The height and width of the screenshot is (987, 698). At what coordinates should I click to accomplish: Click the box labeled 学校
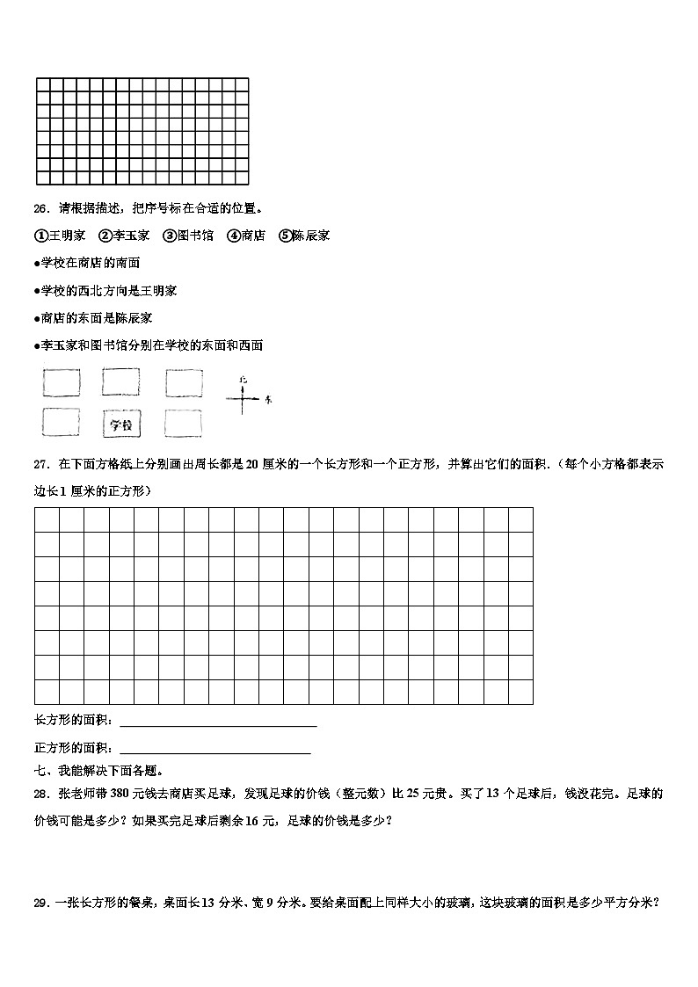pyautogui.click(x=121, y=425)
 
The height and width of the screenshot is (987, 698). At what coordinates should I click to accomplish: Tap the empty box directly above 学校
pyautogui.click(x=121, y=382)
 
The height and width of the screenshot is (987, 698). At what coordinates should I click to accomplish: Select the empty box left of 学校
pyautogui.click(x=61, y=424)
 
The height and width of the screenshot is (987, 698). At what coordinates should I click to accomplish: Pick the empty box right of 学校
pyautogui.click(x=183, y=424)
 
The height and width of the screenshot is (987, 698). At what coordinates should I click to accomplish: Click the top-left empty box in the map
pyautogui.click(x=61, y=382)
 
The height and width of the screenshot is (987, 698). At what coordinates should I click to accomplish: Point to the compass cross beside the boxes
pyautogui.click(x=243, y=400)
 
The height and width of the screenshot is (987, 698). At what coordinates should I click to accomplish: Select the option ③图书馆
pyautogui.click(x=188, y=236)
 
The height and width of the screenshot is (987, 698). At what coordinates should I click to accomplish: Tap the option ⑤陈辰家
pyautogui.click(x=304, y=236)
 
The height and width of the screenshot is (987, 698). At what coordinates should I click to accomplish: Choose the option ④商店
pyautogui.click(x=246, y=236)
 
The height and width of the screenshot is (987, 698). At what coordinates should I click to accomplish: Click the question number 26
pyautogui.click(x=40, y=209)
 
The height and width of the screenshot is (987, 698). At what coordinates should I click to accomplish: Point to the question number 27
pyautogui.click(x=40, y=464)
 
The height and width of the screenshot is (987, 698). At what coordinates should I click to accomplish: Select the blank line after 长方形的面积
pyautogui.click(x=217, y=724)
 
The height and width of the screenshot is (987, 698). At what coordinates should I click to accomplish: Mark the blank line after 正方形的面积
pyautogui.click(x=214, y=751)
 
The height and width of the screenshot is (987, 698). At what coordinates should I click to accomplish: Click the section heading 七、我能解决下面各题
pyautogui.click(x=98, y=772)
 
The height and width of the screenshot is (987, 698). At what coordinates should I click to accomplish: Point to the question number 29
pyautogui.click(x=40, y=902)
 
